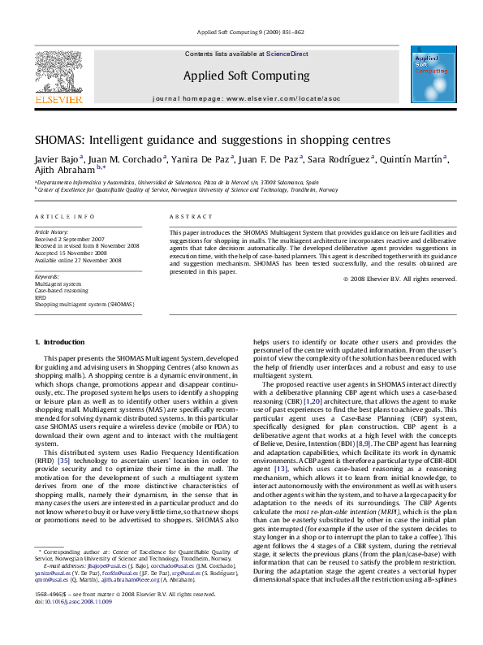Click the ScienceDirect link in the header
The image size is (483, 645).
[x=287, y=54]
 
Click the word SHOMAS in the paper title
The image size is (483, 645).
[x=62, y=141]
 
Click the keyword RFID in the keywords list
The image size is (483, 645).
[x=41, y=297]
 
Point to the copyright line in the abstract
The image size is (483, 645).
[x=399, y=279]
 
